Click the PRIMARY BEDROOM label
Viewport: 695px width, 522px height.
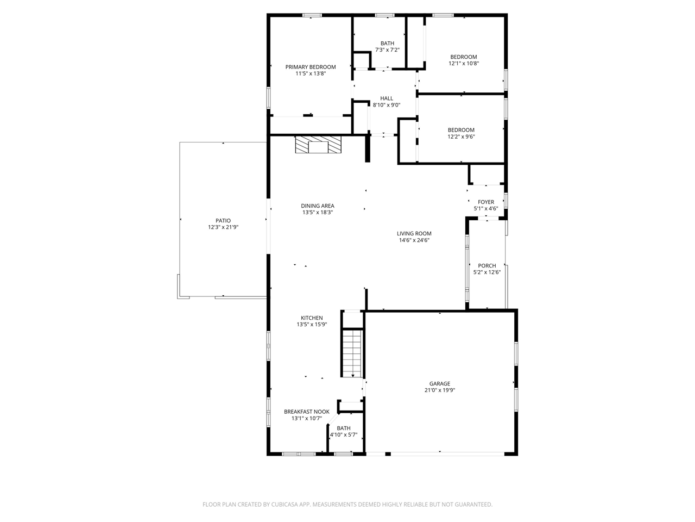(x=310, y=67)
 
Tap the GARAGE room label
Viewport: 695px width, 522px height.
(x=439, y=383)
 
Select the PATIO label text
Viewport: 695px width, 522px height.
(x=223, y=221)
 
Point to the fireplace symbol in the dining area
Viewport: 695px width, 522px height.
(x=318, y=145)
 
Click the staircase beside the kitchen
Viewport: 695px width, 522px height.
(x=352, y=353)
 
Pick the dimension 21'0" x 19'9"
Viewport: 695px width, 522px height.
(x=439, y=390)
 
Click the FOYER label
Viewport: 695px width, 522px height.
(x=486, y=202)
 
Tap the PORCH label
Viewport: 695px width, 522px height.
(x=486, y=265)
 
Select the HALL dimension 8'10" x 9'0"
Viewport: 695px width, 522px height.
(x=386, y=105)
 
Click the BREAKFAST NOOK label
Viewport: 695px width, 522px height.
(x=306, y=412)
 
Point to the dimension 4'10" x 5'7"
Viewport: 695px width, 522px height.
(x=344, y=434)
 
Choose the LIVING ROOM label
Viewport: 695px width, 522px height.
(x=414, y=234)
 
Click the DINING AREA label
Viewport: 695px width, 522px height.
(x=317, y=206)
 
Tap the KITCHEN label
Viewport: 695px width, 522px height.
(x=312, y=318)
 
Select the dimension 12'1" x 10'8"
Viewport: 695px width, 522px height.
(x=464, y=64)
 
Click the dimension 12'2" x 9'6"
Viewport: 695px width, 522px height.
(x=461, y=136)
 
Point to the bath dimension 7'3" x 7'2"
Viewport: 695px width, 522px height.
(x=387, y=50)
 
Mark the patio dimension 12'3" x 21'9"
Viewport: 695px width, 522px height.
(x=223, y=227)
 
